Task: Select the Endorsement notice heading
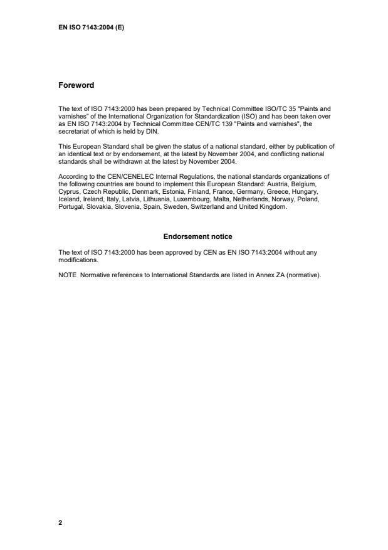[x=197, y=236]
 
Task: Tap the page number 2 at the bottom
[x=60, y=522]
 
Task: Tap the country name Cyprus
[x=68, y=192]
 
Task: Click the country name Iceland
[x=68, y=199]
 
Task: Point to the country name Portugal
[x=70, y=206]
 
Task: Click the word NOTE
[x=66, y=273]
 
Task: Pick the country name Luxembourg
[x=189, y=199]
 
